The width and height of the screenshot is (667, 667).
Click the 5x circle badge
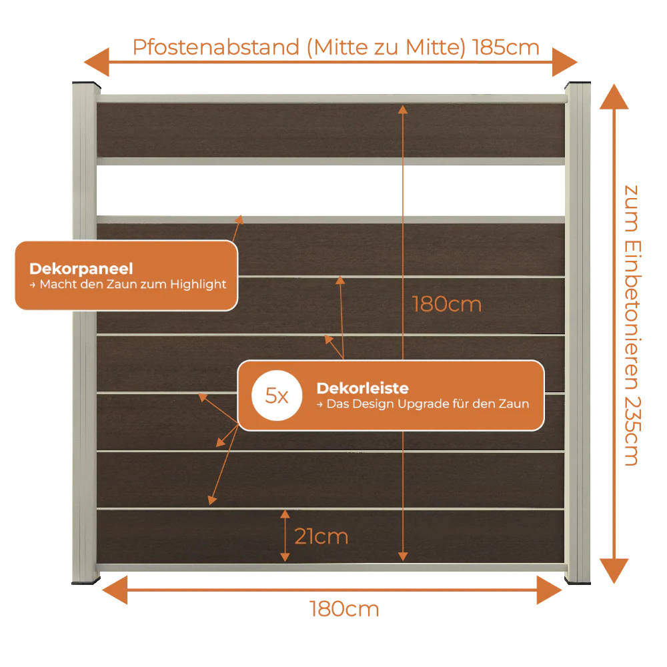tap(277, 396)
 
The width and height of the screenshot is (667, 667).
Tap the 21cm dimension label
tap(321, 536)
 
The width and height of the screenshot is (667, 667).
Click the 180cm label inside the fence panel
tap(447, 304)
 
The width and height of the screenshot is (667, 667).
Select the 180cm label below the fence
tap(344, 609)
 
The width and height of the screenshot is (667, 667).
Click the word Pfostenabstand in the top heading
tap(216, 47)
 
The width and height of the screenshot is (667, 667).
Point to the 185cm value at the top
tap(506, 47)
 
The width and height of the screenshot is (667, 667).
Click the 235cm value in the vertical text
tap(632, 432)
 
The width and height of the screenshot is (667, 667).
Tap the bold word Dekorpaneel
tap(81, 268)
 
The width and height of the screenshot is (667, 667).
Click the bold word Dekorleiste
tap(362, 388)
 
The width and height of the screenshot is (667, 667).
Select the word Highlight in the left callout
tap(198, 284)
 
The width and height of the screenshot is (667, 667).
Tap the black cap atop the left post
tap(86, 84)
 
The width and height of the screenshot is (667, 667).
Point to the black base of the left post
tap(86, 581)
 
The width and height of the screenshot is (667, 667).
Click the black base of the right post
tap(578, 581)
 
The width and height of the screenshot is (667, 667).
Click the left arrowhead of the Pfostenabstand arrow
tap(97, 62)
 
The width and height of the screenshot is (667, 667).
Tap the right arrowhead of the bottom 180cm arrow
tap(550, 590)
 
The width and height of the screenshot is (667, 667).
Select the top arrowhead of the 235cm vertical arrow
tap(614, 97)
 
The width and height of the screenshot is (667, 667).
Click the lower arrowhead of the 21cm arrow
tap(285, 557)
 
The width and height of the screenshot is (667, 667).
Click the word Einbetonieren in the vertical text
tap(632, 315)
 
